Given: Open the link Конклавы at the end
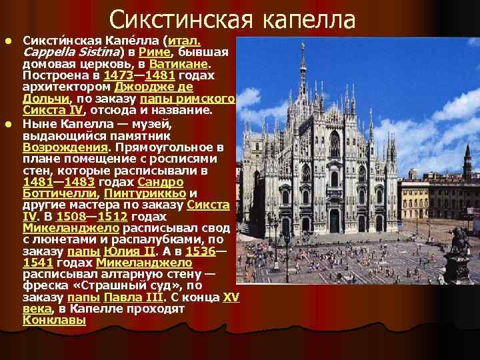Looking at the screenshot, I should (54, 321).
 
